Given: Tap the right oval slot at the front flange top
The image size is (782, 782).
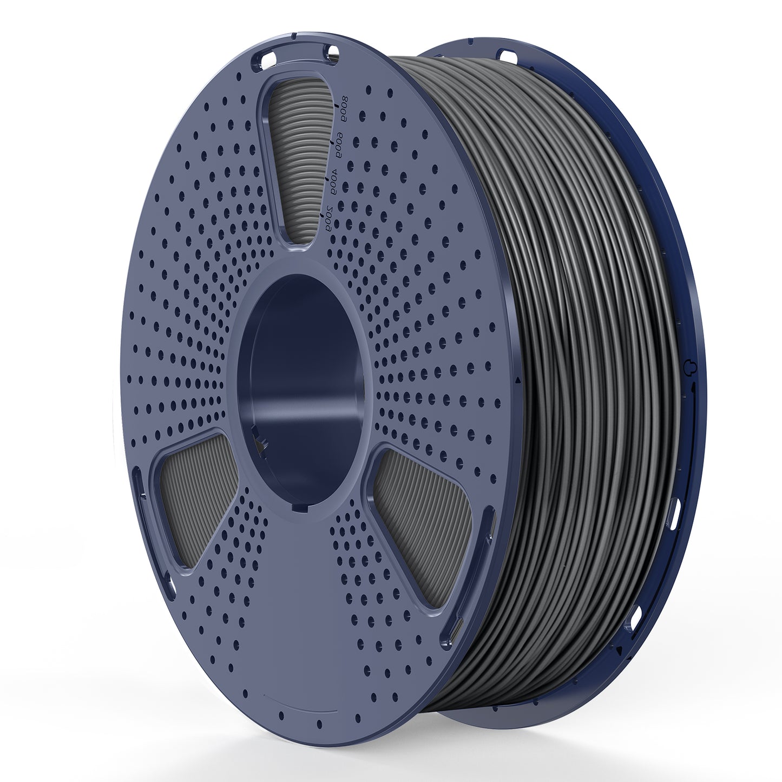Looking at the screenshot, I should point(330,52).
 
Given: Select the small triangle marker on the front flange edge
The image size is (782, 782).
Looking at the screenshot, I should point(519,380).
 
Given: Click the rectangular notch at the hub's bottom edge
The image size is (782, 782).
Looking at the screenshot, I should point(299,508).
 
